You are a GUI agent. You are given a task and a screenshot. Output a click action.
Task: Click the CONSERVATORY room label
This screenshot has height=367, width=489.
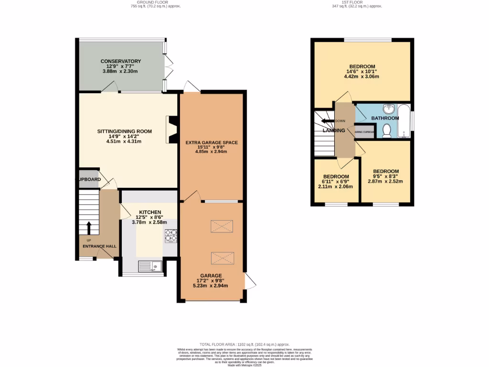tap(120, 61)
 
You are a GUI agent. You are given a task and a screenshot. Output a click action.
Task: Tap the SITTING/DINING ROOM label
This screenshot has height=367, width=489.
tap(124, 131)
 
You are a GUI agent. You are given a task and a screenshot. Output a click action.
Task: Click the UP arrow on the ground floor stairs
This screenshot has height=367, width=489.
tap(88, 228)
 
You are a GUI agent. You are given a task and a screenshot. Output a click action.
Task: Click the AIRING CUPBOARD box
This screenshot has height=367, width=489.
tap(363, 131)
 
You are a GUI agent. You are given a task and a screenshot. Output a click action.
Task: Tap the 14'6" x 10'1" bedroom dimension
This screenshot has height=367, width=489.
tap(361, 73)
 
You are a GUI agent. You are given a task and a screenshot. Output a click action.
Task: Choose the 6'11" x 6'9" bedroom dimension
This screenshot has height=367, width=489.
tap(337, 182)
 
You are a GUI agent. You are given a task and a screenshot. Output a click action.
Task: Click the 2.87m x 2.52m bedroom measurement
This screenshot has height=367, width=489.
tap(385, 181)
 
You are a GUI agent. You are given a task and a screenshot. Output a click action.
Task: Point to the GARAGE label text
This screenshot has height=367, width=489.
tap(211, 276)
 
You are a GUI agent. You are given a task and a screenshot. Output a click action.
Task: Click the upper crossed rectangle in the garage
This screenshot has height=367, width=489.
tap(222, 226)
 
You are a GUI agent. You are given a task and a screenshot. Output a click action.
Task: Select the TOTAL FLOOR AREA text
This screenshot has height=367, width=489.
tap(244, 345)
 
